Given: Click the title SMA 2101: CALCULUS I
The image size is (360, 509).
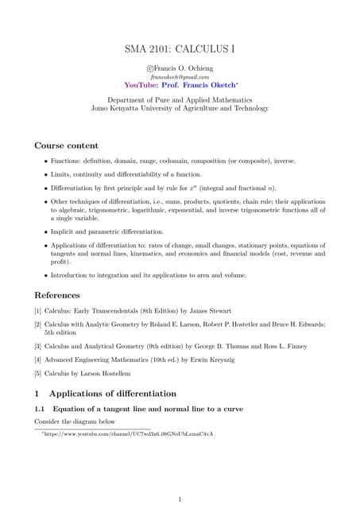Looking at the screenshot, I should tap(180, 49).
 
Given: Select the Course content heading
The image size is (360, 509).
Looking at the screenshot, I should tap(67, 146).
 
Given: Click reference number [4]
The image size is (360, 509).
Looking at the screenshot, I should tap(38, 360).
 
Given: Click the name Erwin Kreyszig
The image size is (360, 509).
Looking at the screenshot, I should tap(242, 360).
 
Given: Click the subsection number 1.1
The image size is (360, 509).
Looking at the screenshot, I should tap(41, 408).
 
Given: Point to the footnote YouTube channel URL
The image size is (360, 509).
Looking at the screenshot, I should tap(128, 434).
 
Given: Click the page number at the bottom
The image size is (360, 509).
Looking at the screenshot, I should tap(180, 477).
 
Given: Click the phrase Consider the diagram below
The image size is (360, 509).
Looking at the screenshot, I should tap(75, 421).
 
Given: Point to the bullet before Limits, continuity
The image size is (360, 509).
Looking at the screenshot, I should tap(45, 174).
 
